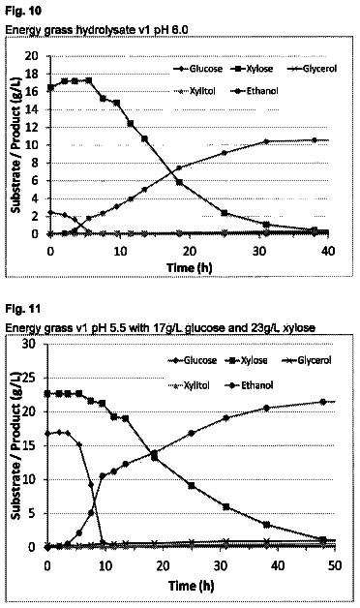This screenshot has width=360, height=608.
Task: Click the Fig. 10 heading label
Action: point(23,11)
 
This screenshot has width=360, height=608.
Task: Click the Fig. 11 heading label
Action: point(22,309)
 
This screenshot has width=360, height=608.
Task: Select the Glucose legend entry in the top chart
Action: point(197,69)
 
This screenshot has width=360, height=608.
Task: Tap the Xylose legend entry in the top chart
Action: point(252,69)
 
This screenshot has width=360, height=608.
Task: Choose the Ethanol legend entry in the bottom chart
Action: point(249,385)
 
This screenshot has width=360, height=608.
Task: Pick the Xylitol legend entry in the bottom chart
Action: point(189,385)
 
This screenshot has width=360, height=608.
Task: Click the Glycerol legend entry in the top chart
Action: point(312,69)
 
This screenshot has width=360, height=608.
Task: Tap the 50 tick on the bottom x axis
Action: point(335,565)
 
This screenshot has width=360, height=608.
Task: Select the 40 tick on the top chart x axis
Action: point(328,251)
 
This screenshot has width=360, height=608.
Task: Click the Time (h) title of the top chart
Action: point(190,267)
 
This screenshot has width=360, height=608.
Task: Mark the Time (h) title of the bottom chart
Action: point(191,585)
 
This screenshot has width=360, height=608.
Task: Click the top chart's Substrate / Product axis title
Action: point(15,145)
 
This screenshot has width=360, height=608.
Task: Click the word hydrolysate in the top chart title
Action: point(98,29)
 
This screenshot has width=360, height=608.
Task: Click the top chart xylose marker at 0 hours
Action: point(50,88)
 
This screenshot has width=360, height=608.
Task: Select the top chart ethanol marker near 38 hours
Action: point(315,140)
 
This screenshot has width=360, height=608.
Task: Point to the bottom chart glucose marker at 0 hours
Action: point(47,434)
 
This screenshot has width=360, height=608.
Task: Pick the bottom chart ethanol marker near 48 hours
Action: point(323,402)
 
